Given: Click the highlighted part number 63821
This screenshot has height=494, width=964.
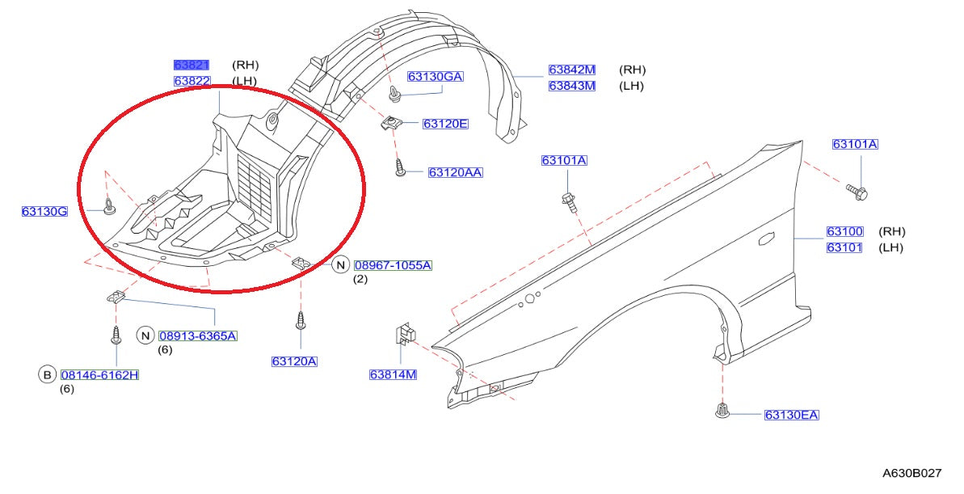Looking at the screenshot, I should point(192,65).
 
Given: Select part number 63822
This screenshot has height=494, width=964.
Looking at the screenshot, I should point(192,81).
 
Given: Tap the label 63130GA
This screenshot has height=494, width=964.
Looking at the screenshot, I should point(435,77).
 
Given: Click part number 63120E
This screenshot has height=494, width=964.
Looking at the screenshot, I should point(445,124).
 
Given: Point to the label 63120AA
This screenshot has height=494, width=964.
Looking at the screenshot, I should point(455,172).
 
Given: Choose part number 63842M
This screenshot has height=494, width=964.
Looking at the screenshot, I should point(571,70).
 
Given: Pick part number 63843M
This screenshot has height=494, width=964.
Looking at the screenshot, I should point(571,86).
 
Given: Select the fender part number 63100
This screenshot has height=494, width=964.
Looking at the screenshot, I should point(844,232).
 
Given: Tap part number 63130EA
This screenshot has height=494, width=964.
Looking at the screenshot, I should point(791,416).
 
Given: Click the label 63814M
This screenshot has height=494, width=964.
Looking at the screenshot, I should point(393,374).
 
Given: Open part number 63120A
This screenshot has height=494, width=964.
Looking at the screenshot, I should point(294,361).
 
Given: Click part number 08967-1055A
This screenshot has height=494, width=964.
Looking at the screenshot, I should point(393,265).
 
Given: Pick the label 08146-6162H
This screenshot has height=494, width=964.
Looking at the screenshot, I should point(99,375).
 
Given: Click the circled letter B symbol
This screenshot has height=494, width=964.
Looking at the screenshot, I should point(47,374).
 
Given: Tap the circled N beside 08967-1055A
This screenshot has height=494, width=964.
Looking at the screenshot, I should point(340,265).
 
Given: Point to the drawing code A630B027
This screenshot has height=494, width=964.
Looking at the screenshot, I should point(911,471).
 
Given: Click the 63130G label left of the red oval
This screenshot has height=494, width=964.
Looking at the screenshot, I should point(44,212).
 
